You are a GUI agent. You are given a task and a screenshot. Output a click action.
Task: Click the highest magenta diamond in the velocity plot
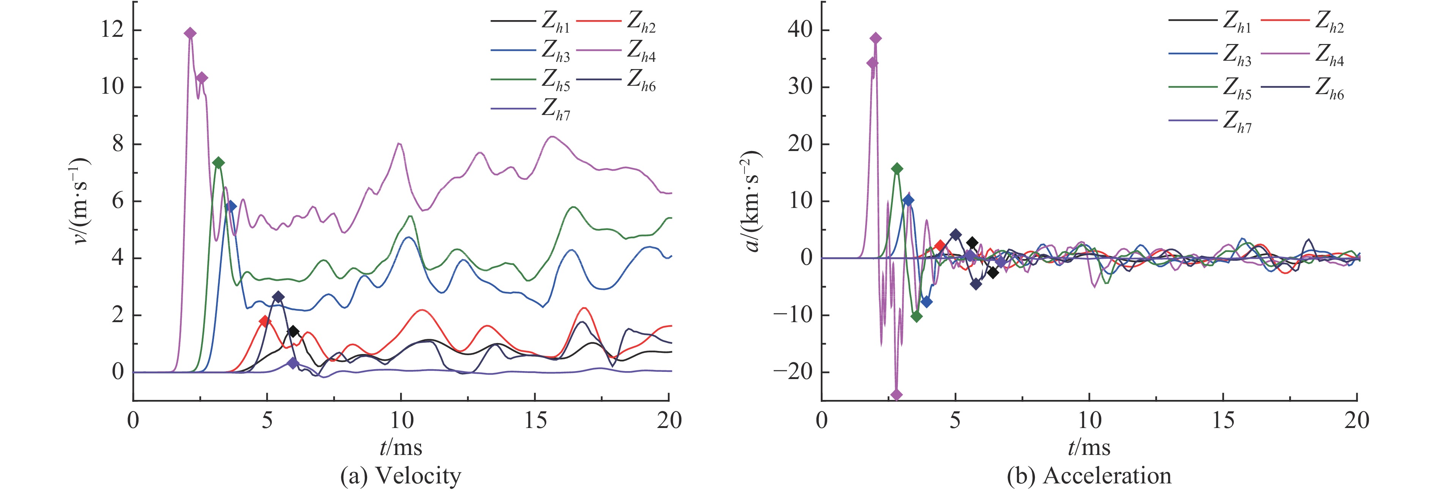tap(190, 33)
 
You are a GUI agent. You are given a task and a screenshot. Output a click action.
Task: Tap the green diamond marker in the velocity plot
tap(218, 162)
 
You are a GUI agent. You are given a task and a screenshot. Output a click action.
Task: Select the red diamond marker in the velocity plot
tap(265, 321)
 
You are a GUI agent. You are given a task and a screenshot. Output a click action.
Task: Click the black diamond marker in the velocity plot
tap(293, 332)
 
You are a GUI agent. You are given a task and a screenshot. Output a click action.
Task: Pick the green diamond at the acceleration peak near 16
tap(897, 169)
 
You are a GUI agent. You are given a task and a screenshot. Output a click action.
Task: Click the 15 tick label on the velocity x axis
tap(535, 421)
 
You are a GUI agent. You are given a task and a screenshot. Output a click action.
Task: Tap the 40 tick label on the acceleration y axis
tap(800, 30)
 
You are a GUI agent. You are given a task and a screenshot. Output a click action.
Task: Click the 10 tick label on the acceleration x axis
tap(1089, 421)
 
